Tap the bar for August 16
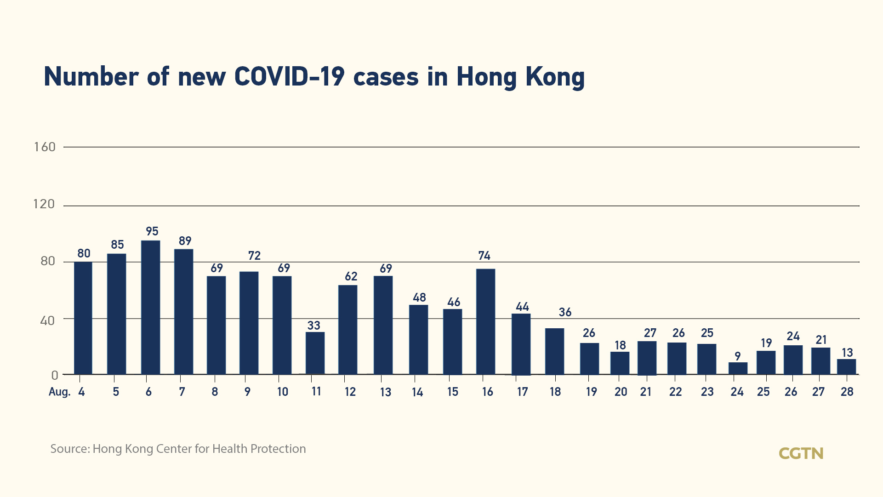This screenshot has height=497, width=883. (485, 321)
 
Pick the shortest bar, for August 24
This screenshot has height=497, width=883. (738, 368)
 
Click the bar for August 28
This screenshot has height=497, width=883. (846, 367)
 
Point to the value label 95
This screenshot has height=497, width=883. (152, 231)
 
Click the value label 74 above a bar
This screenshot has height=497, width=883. (484, 256)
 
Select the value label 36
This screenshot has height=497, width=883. (565, 312)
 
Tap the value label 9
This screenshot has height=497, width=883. (737, 356)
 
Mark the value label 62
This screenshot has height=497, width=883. (351, 276)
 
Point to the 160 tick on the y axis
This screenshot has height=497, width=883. (45, 147)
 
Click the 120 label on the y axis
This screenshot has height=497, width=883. (44, 204)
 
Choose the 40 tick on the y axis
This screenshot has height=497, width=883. (47, 320)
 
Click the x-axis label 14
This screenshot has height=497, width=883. (417, 392)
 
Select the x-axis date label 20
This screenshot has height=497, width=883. (621, 392)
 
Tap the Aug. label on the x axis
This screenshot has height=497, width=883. (59, 392)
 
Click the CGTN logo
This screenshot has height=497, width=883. (801, 453)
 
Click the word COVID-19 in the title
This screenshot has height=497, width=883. (289, 76)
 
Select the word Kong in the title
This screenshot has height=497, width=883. (555, 77)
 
